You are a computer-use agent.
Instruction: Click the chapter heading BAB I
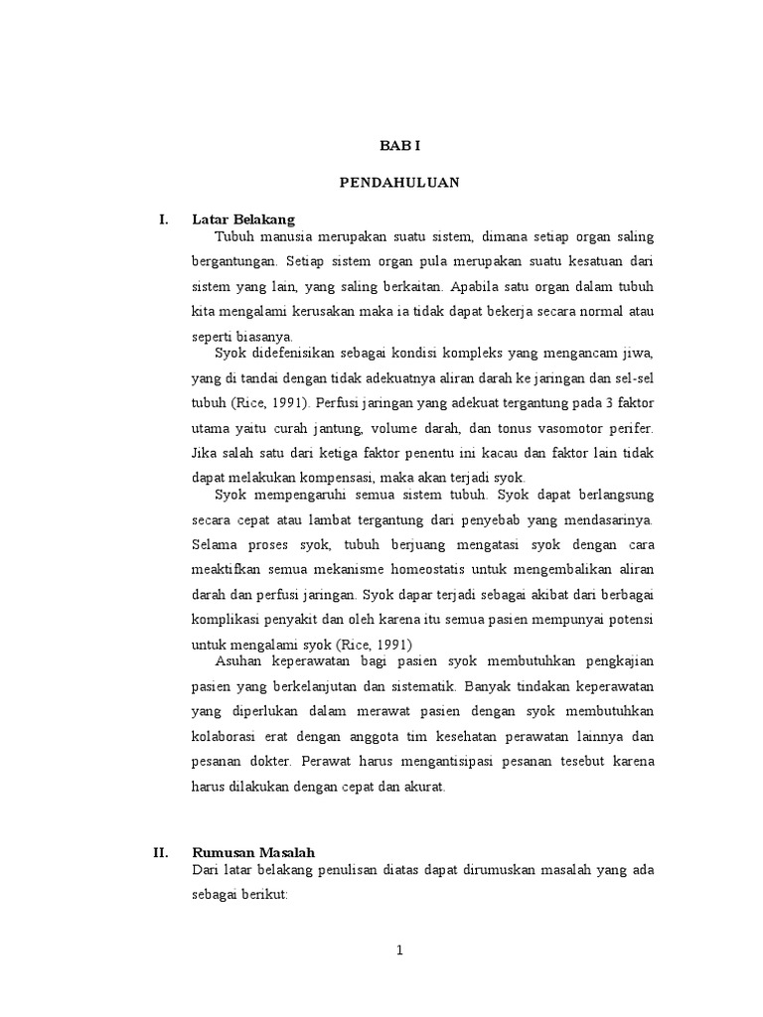[400, 145]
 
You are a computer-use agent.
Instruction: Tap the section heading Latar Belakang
[244, 219]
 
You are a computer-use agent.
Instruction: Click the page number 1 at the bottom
[400, 949]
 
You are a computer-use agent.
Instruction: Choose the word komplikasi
[225, 620]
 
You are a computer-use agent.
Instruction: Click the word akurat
[425, 786]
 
